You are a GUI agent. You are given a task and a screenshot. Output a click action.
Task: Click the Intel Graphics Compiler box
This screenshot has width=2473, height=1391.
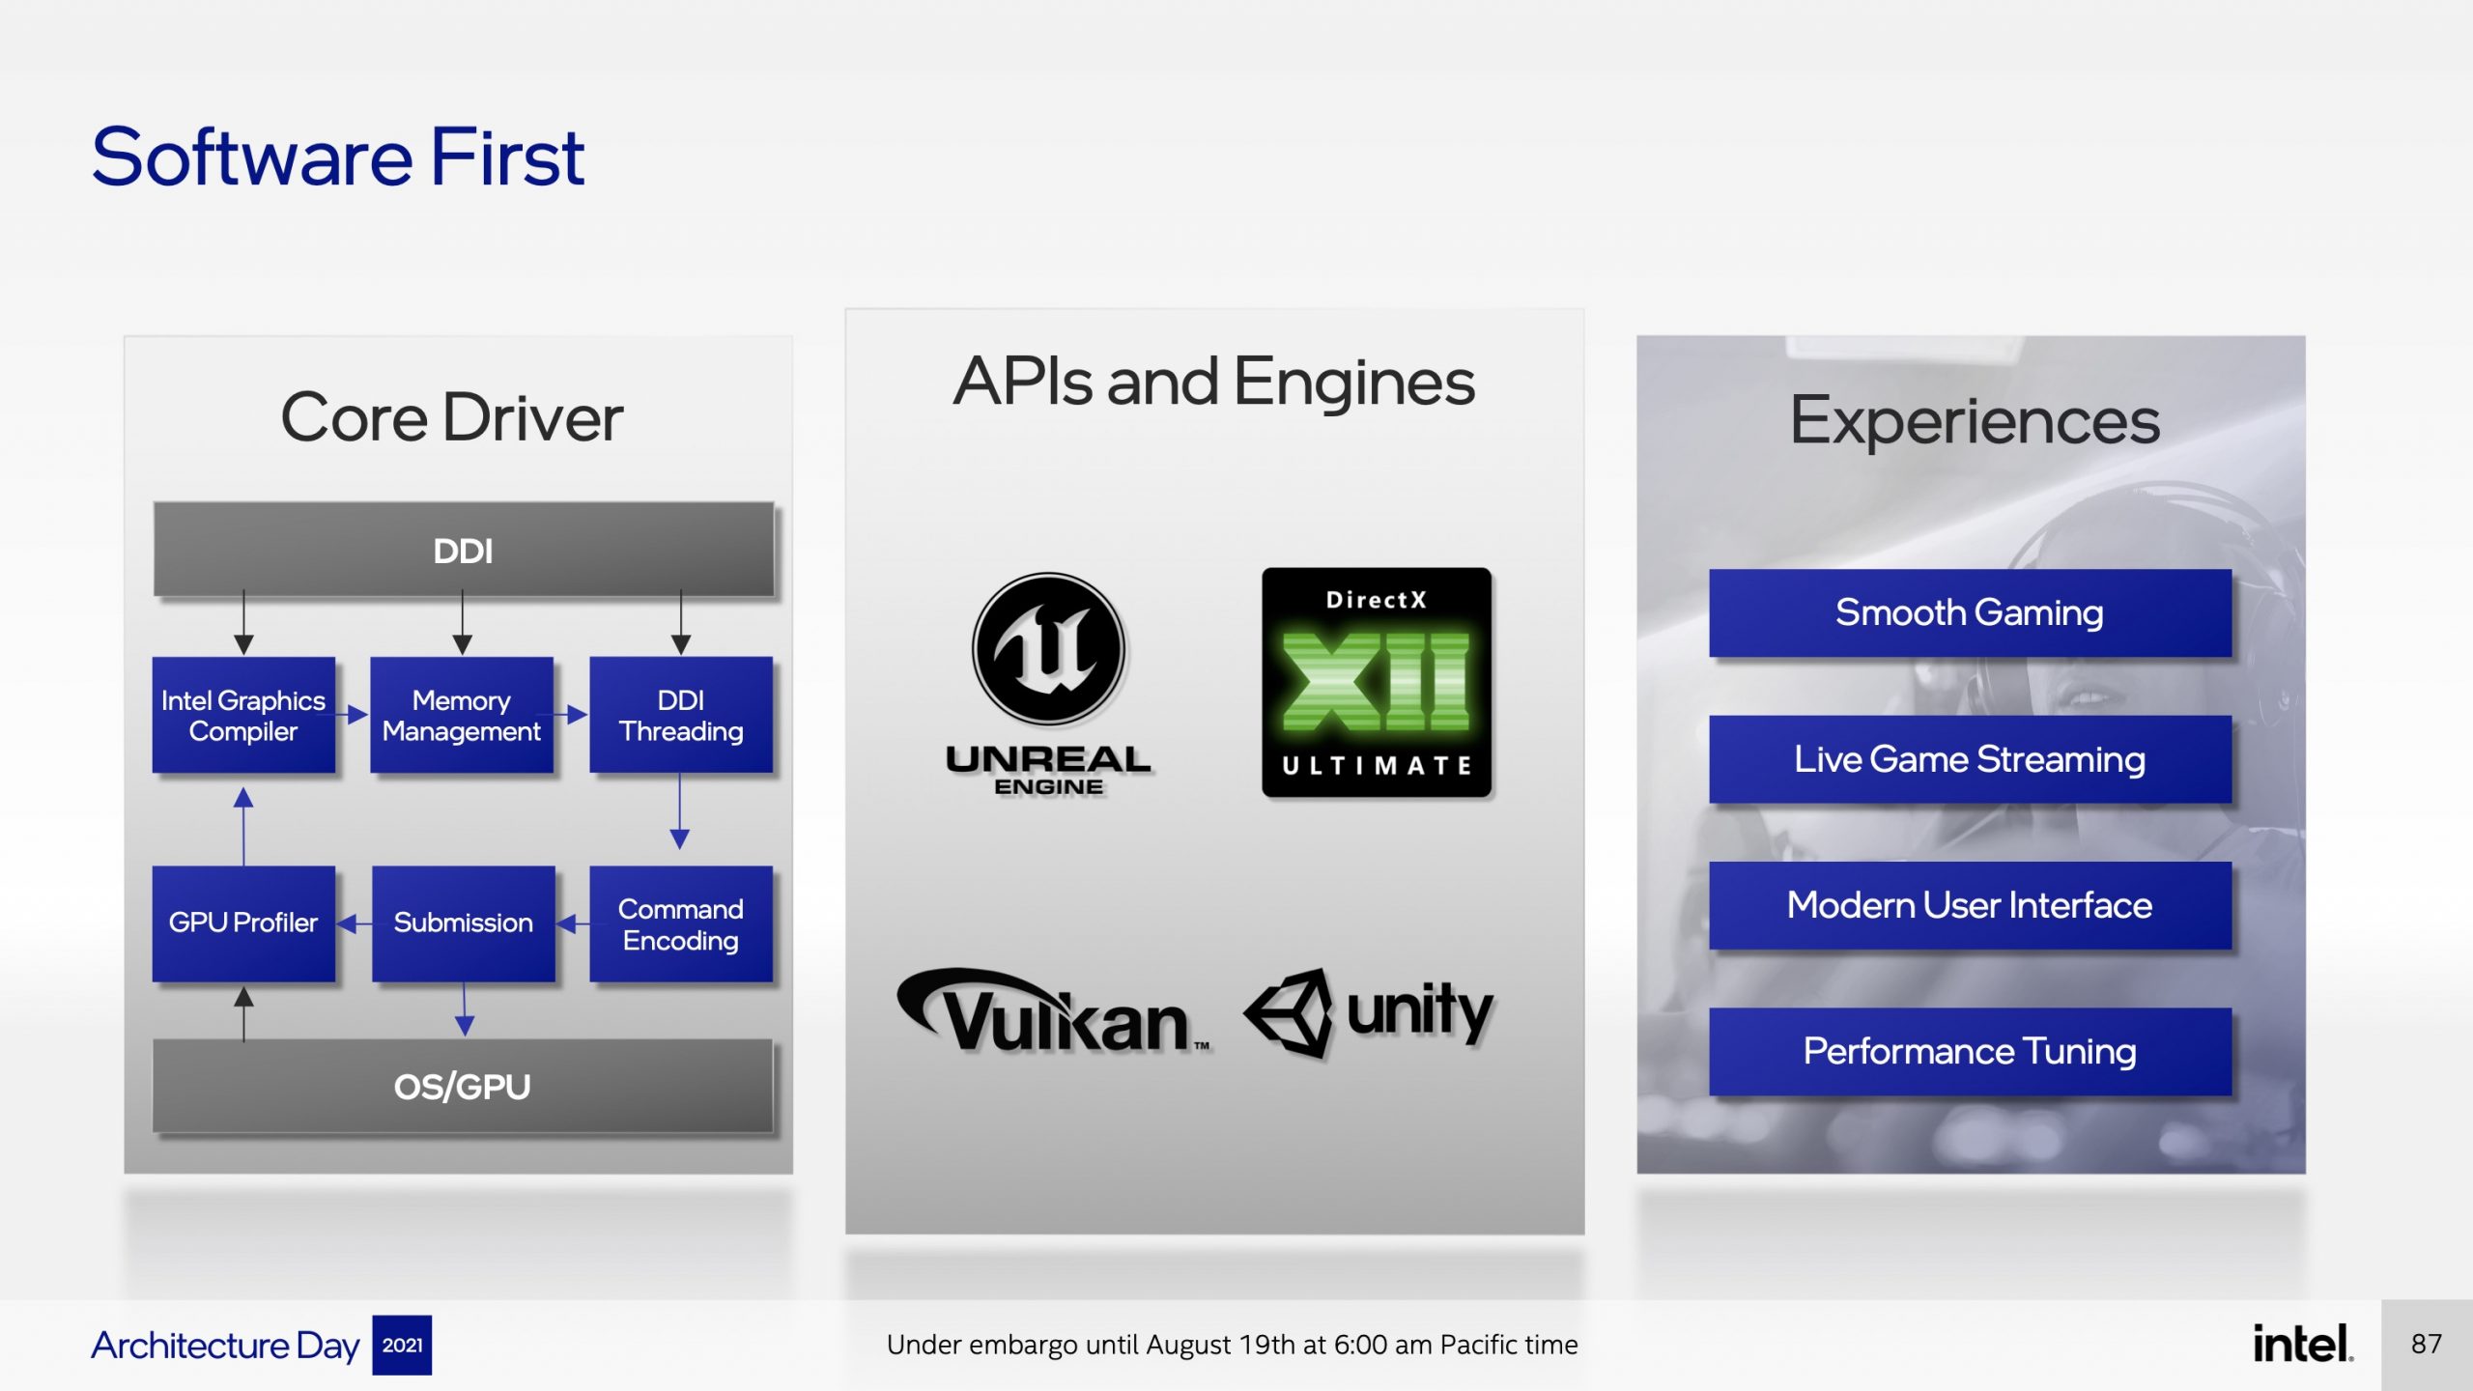[243, 715]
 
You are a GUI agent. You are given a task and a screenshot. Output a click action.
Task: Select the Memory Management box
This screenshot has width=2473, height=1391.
[462, 715]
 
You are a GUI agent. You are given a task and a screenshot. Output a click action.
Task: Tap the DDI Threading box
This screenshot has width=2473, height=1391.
[681, 715]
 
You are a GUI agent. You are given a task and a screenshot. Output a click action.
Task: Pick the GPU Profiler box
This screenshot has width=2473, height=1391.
[243, 923]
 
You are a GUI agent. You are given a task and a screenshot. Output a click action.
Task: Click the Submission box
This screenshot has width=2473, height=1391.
[464, 923]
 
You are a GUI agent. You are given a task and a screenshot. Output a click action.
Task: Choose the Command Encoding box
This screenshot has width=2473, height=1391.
[681, 924]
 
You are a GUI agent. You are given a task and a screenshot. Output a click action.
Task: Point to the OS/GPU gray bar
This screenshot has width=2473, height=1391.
[463, 1086]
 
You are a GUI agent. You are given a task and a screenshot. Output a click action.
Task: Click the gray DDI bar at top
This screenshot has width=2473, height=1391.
[464, 549]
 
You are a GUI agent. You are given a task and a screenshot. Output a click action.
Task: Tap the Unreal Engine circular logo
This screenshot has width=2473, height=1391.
[1049, 649]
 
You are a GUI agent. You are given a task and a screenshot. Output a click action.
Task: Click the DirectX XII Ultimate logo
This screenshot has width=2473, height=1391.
[1377, 682]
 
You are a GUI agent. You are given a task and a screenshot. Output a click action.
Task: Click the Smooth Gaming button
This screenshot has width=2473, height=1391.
[1970, 612]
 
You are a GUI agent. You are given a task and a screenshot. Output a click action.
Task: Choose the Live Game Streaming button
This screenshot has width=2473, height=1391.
[1970, 759]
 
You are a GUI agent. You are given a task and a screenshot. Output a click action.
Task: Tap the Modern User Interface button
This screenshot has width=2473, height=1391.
[1970, 905]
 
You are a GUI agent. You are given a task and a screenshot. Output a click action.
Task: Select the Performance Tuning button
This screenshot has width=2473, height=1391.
[1970, 1051]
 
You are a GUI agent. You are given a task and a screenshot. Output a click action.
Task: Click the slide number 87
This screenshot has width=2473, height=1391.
[2426, 1344]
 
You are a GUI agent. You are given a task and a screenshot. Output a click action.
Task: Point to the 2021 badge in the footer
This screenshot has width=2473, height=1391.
[402, 1345]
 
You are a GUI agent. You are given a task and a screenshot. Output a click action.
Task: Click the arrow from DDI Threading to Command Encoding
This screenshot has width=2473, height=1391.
[680, 811]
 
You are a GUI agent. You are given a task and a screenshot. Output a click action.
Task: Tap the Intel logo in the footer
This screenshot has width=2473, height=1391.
[2302, 1344]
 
